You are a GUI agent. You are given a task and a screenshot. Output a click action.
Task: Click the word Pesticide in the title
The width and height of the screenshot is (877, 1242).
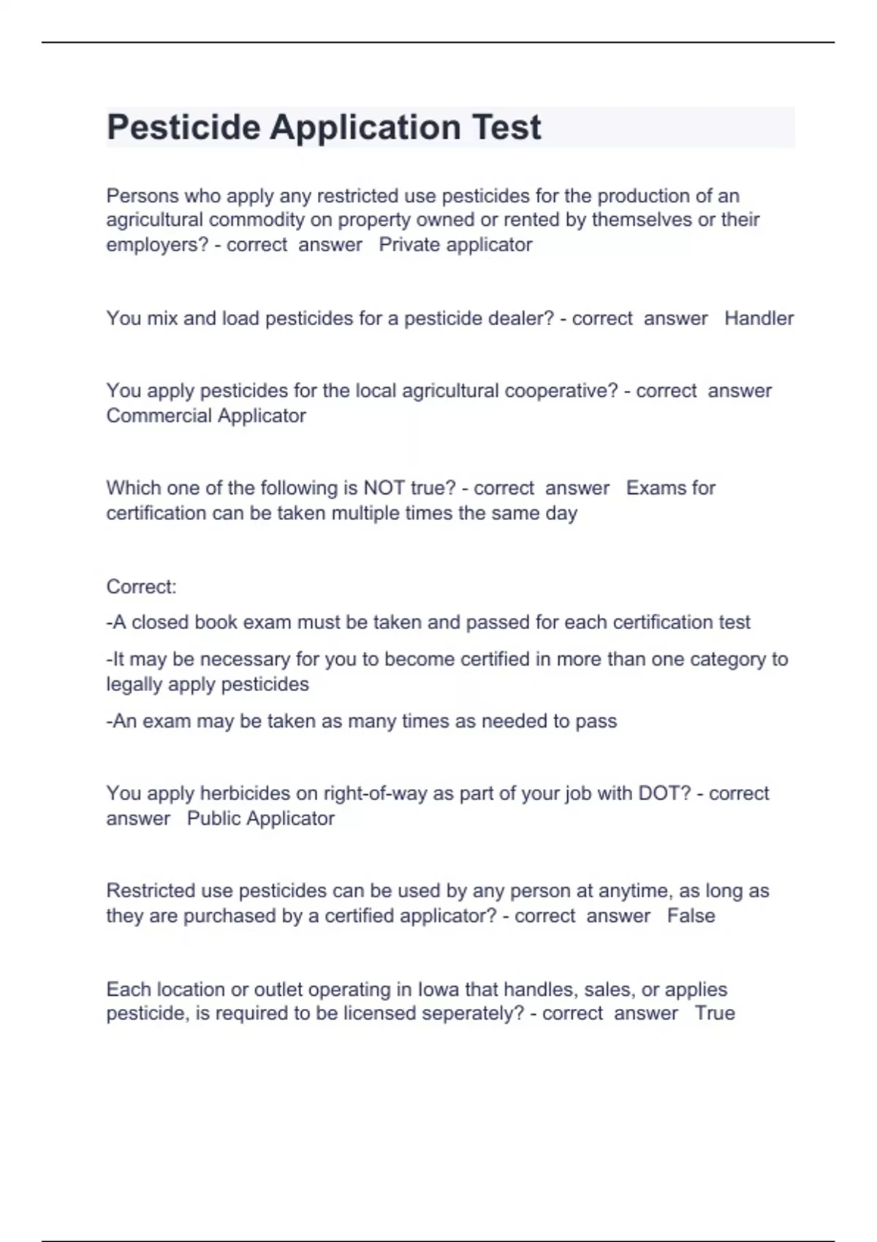(183, 128)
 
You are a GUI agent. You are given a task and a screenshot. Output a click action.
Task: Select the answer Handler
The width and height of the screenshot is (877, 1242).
(759, 319)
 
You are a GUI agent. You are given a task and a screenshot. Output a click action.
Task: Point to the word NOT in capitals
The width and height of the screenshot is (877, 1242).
(384, 488)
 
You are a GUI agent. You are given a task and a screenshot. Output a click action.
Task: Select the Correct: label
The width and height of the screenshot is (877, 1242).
(141, 587)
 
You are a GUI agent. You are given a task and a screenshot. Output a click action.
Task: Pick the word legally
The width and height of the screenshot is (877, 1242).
(134, 685)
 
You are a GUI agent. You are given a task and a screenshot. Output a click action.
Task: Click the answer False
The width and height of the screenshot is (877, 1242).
(691, 916)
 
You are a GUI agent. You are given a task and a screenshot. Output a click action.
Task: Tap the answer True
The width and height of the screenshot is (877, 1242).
(715, 1013)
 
